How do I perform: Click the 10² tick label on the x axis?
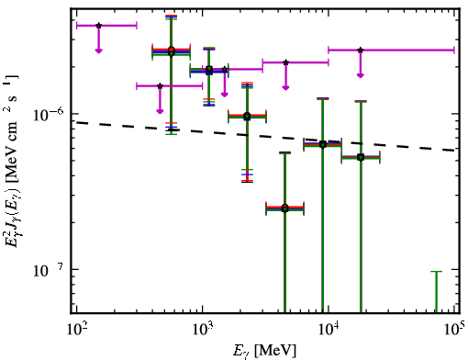(x=76, y=329)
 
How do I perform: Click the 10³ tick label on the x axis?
(x=203, y=329)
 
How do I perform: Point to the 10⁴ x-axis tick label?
(x=329, y=329)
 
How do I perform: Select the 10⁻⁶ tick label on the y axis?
(x=49, y=115)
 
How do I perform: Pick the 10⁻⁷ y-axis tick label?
(x=49, y=270)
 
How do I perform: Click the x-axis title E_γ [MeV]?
(x=264, y=351)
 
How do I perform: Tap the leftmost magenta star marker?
(x=98, y=26)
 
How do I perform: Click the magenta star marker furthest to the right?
(x=361, y=50)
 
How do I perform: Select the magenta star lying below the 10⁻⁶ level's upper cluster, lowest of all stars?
(x=160, y=86)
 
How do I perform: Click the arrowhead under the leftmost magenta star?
(x=98, y=51)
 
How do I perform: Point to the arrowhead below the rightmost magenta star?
(x=361, y=75)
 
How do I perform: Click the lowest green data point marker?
(x=285, y=209)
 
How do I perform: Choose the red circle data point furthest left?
(x=172, y=50)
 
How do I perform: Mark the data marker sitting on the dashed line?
(x=323, y=144)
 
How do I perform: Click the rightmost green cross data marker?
(x=361, y=158)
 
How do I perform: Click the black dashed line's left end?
(x=76, y=122)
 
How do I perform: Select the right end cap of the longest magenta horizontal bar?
(x=454, y=50)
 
